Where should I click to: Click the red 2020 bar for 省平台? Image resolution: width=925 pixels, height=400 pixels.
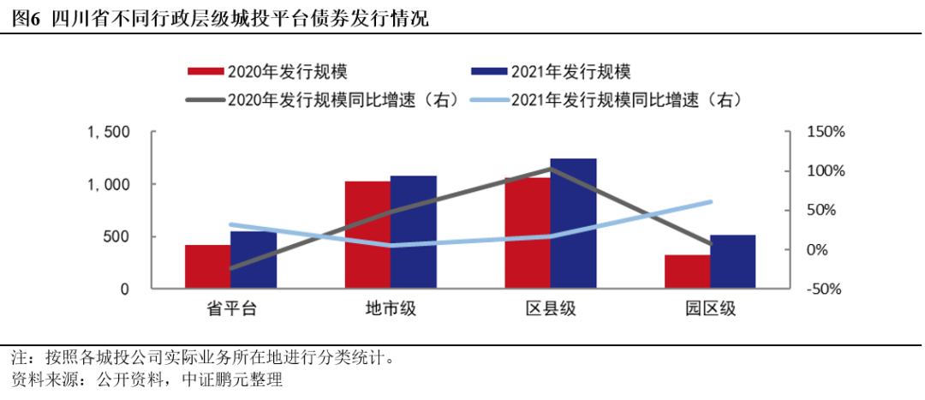(208, 267)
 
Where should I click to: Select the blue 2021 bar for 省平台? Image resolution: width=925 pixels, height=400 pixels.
(254, 260)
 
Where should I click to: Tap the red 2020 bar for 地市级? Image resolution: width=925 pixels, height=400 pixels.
(367, 235)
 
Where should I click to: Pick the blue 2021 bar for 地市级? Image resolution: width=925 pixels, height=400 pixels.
(414, 232)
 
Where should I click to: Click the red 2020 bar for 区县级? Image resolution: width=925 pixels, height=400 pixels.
(528, 233)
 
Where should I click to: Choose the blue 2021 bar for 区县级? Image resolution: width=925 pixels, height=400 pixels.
(573, 224)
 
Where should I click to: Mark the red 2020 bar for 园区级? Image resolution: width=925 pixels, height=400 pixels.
(688, 272)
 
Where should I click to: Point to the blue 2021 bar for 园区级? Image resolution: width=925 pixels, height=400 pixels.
(733, 261)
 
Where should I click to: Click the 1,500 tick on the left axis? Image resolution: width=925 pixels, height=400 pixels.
(108, 132)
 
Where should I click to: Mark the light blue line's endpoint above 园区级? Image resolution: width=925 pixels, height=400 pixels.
(710, 202)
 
